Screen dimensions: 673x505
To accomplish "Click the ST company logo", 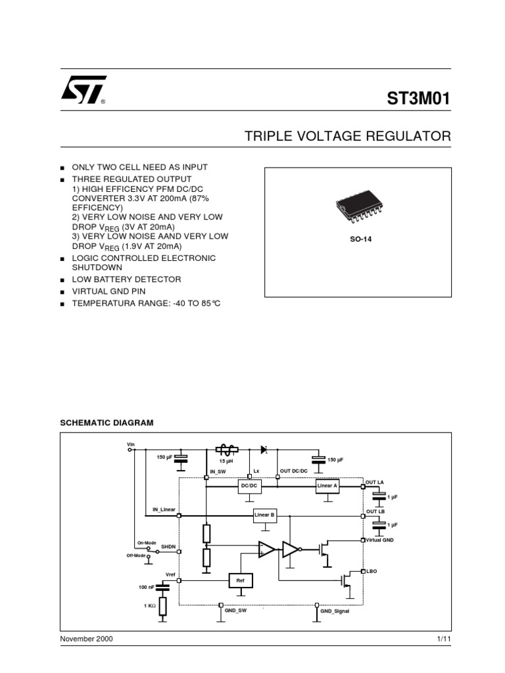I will (x=82, y=93).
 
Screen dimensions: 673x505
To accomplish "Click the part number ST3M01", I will (x=419, y=99).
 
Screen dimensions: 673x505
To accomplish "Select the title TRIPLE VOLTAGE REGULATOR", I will (x=348, y=137).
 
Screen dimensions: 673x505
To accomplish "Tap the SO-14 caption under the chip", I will (x=360, y=239).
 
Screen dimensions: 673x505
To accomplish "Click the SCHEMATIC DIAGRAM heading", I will (x=107, y=423).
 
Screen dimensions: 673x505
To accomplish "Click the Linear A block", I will (x=327, y=485).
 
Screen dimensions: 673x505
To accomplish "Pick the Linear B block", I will (x=264, y=516).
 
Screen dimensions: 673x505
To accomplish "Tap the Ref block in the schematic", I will (x=240, y=580).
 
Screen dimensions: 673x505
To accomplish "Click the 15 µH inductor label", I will (x=226, y=461).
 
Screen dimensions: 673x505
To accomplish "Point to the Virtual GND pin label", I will (x=379, y=540).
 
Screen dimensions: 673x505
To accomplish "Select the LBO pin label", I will (x=372, y=571).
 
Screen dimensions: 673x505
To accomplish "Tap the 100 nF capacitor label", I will (x=146, y=586).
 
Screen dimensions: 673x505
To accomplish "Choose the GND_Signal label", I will (x=335, y=611).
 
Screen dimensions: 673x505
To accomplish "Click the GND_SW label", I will (x=235, y=611).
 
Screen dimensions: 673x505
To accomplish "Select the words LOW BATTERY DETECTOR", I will (x=126, y=279).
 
